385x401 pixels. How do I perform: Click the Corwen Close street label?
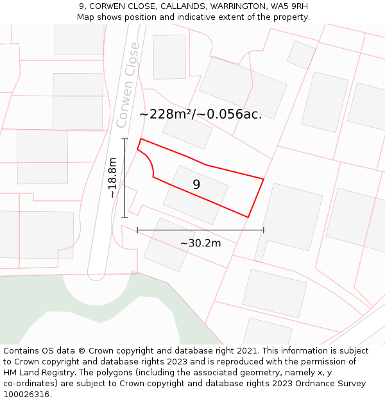pos(127,85)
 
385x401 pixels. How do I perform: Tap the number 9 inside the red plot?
pos(196,185)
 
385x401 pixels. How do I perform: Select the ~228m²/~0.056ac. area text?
pos(200,114)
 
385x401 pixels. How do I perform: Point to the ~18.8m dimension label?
pos(113,178)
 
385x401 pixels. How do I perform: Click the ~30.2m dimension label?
pos(200,243)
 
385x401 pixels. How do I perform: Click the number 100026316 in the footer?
pos(26,395)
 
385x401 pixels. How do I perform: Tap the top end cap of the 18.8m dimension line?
pos(124,139)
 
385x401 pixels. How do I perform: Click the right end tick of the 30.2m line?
pos(263,230)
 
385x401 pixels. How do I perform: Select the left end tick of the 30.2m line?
pos(137,230)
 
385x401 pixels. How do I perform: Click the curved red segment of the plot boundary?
pos(150,162)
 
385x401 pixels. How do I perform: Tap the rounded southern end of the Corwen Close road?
pos(96,277)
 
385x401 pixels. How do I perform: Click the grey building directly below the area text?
pos(187,132)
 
